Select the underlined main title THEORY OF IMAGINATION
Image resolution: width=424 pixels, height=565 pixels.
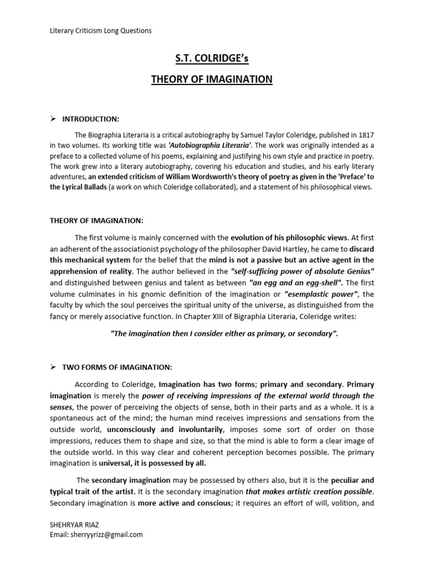tap(212, 79)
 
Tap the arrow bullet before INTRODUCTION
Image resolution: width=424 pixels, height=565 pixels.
tap(54, 118)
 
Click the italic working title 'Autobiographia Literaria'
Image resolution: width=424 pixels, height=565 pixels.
tap(210, 146)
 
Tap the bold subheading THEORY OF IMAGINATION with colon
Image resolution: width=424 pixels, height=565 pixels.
tap(97, 220)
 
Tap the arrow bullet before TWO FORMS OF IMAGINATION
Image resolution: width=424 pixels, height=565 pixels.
tap(54, 367)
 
